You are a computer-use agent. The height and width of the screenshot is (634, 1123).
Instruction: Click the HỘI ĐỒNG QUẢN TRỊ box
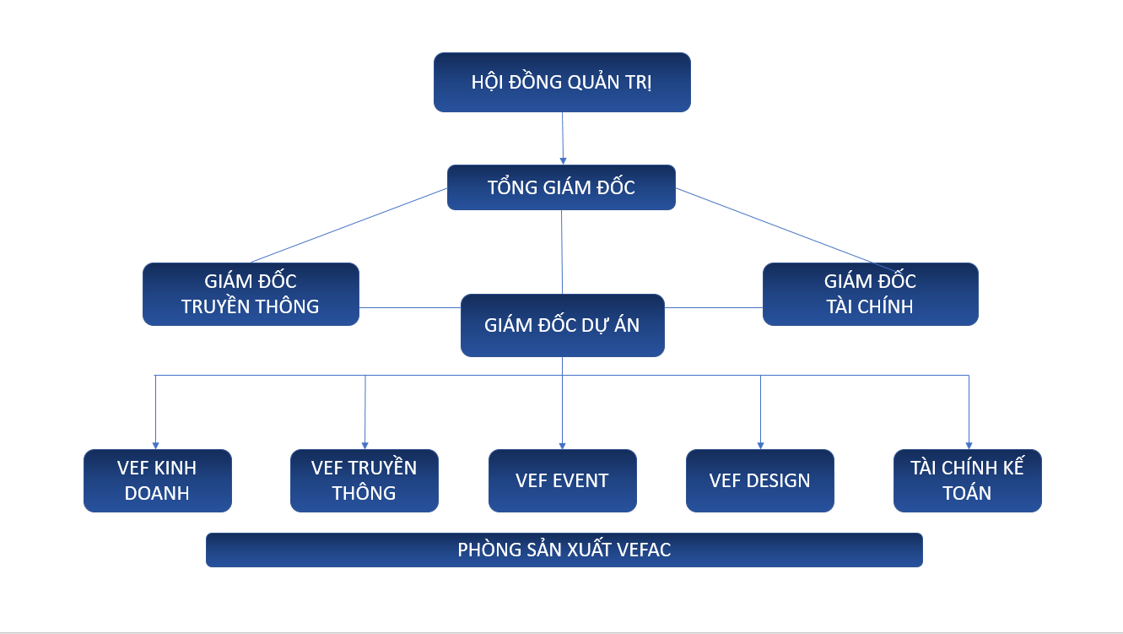coord(562,82)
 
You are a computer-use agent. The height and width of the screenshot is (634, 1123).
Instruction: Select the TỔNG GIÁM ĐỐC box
coord(561,187)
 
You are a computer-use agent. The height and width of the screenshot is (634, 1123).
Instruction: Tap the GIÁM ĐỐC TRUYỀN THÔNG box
coord(251,294)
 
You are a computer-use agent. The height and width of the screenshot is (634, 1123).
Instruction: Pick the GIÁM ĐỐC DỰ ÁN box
coord(563,325)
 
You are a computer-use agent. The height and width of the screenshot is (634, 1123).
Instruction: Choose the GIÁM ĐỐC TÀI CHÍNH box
coord(871,294)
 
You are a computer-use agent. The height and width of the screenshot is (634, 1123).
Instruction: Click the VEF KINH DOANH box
coord(158,480)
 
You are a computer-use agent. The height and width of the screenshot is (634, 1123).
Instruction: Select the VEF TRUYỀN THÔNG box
coord(364,480)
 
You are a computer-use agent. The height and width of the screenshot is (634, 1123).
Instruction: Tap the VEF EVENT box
coord(563,480)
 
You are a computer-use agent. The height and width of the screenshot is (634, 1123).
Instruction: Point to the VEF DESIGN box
coord(760,480)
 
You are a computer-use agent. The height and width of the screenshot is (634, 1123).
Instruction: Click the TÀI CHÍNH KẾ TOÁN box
coord(968,480)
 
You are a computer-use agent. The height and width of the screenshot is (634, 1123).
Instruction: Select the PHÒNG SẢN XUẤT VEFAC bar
coord(564,550)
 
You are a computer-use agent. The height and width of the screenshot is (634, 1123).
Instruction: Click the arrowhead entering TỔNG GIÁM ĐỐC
coord(563,161)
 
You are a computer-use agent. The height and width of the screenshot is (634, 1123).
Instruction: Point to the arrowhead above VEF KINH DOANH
coord(156,446)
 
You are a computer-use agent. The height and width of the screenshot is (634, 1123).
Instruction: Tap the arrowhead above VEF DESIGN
coord(760,446)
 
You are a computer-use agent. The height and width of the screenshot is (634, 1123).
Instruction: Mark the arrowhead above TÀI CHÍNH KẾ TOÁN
coord(969,446)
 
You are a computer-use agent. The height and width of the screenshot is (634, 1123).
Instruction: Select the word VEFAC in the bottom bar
coord(644,550)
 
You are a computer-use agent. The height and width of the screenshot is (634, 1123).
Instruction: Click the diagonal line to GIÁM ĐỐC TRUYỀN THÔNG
coord(349,225)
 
